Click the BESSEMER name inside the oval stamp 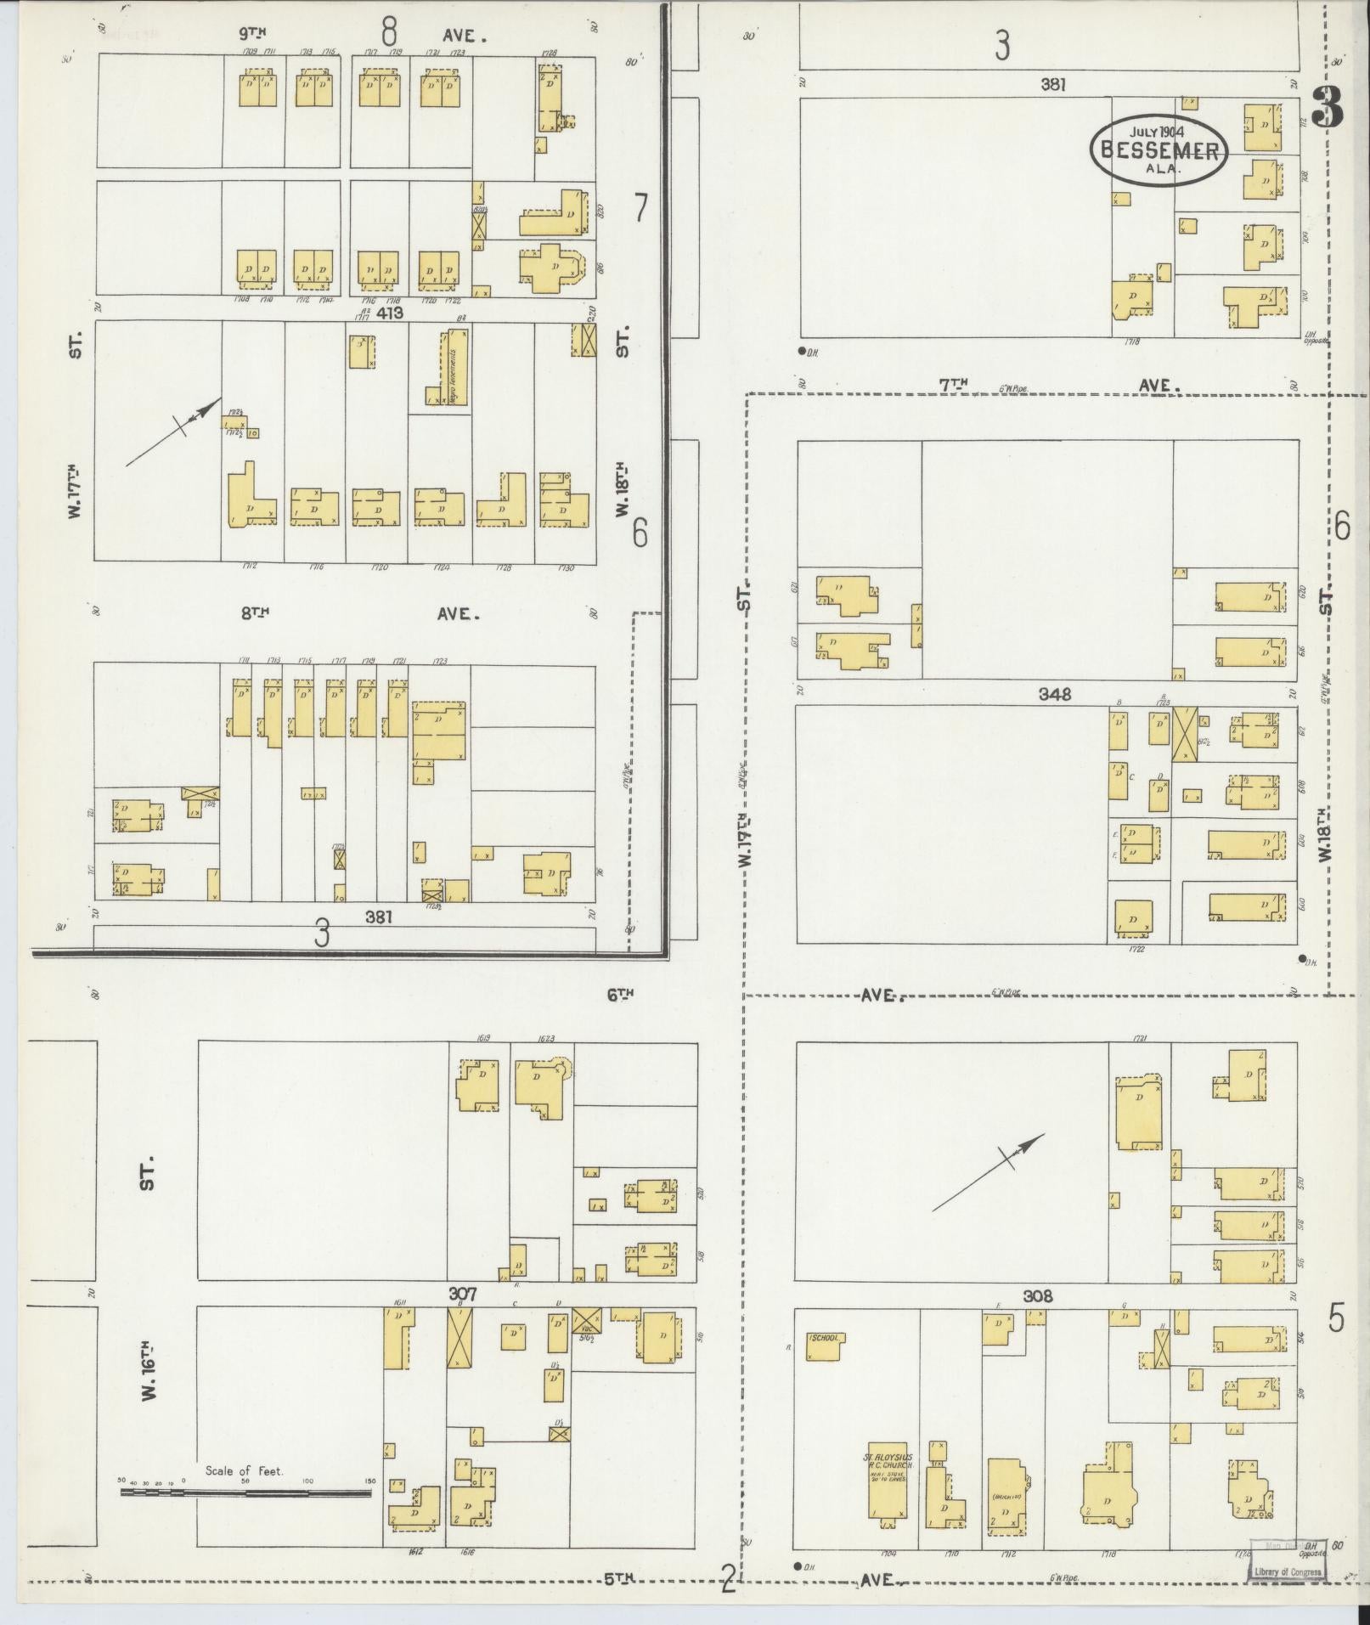(1159, 151)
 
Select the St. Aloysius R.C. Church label (888, 1459)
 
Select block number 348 (1054, 694)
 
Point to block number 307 (463, 1295)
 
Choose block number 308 (1038, 1296)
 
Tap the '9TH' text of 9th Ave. (253, 35)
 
